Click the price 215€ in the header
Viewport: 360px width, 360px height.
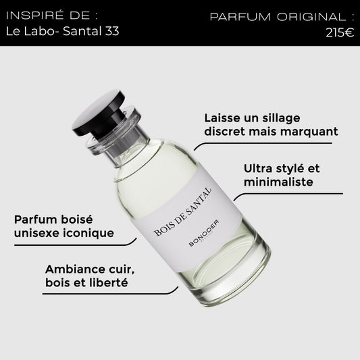coord(340,32)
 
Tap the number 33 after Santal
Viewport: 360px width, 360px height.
coord(112,31)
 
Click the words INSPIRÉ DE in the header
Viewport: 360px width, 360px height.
coord(48,16)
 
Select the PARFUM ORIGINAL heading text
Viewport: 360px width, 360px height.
coord(278,17)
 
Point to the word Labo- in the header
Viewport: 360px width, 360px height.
coord(42,31)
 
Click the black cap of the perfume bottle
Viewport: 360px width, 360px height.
coord(99,112)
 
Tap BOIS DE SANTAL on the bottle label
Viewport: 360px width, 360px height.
coord(183,212)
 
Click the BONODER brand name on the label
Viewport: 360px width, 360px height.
coord(204,233)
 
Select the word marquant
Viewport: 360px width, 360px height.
coord(309,132)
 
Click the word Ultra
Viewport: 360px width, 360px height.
coord(258,168)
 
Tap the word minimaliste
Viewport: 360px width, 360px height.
coord(278,182)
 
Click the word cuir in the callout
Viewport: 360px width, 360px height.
coord(122,269)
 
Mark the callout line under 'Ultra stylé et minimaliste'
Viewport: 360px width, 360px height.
coord(288,194)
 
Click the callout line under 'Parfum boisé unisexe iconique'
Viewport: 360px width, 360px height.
coord(75,245)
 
